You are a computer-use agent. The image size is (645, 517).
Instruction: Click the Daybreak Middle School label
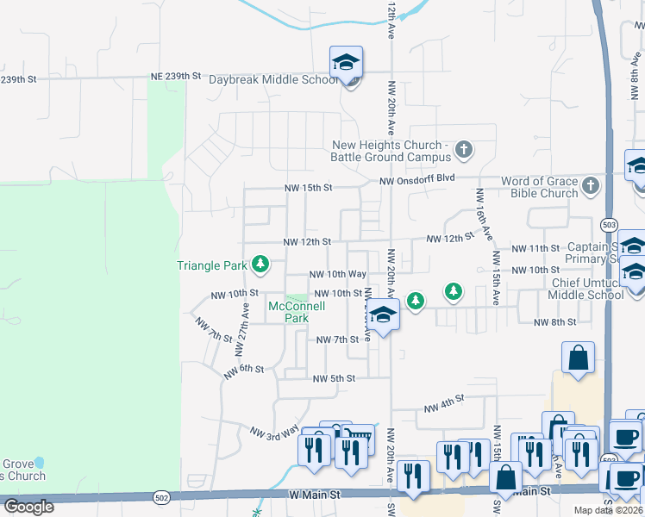273,79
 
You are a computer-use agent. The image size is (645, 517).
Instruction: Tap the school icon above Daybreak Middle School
346,63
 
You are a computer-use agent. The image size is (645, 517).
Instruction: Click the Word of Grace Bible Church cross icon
591,185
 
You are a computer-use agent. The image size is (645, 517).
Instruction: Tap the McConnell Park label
297,311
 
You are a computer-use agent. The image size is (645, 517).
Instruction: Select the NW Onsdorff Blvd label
417,179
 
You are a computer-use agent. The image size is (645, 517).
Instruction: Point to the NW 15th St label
309,187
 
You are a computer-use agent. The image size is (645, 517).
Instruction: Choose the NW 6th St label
244,371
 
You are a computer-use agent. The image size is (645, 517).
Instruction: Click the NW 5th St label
334,378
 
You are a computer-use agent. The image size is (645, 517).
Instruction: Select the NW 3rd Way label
274,432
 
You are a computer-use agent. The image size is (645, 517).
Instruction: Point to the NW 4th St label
444,402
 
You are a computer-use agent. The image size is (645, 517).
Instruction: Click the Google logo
29,506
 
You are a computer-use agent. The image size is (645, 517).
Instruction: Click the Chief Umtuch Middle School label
586,289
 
